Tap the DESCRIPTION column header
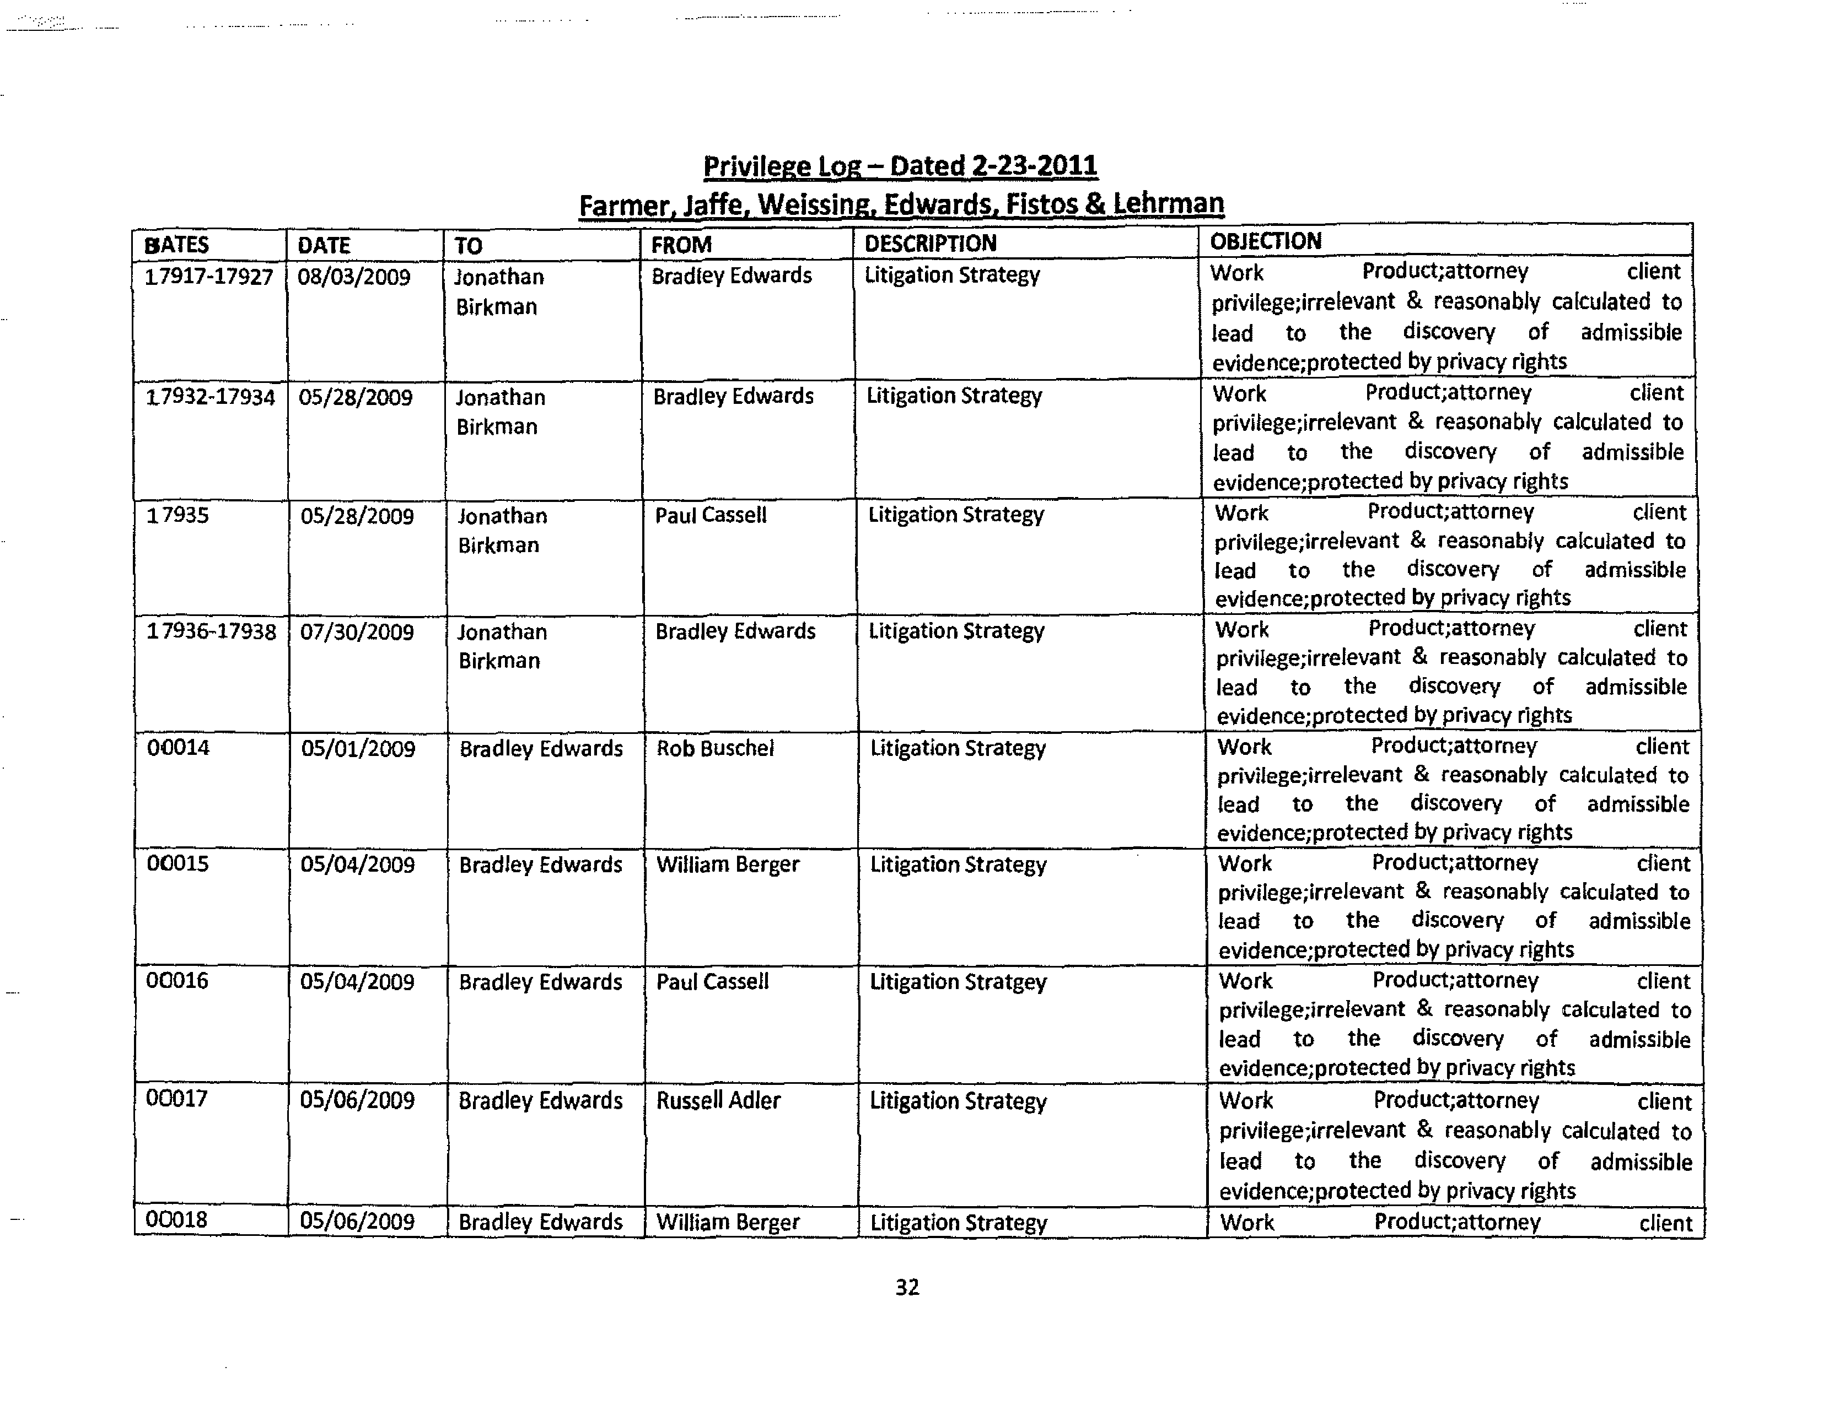[930, 243]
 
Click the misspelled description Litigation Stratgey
[958, 982]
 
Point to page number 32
[907, 1287]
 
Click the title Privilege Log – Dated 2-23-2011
[900, 165]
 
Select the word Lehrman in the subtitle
[1169, 203]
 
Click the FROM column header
[681, 245]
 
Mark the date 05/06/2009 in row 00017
[357, 1100]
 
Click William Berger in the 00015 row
[728, 865]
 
